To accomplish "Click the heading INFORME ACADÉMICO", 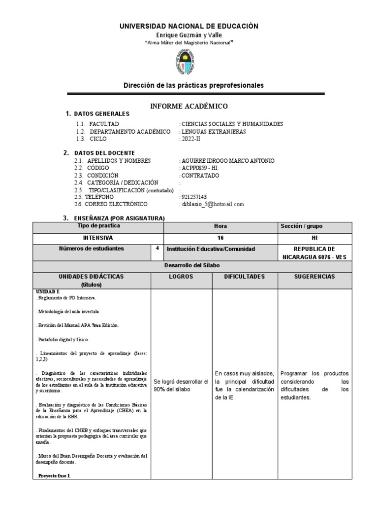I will (x=189, y=106).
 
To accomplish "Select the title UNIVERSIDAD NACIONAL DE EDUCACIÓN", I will (x=189, y=26).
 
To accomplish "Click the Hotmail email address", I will (x=213, y=204).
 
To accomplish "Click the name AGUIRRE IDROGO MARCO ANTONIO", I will (x=228, y=161).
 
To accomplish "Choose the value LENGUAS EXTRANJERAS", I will (x=214, y=132).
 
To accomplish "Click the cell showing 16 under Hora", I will (x=220, y=237).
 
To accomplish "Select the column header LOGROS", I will (x=181, y=277).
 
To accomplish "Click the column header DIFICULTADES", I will (x=245, y=277).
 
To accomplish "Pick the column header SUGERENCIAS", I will (x=315, y=277).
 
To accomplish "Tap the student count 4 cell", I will (x=157, y=249).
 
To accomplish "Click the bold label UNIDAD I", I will (x=47, y=292).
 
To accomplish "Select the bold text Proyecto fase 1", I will (x=54, y=475).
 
